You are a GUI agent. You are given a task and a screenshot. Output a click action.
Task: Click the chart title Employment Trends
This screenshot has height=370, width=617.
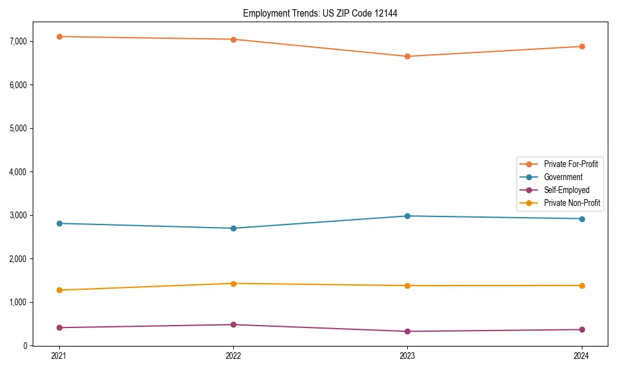click(320, 13)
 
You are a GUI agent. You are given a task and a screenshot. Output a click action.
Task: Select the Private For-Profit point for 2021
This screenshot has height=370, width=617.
click(59, 36)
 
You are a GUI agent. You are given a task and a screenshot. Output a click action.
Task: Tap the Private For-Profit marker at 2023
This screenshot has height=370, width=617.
click(407, 56)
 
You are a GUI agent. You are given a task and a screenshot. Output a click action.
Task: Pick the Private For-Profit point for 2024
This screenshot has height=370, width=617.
click(582, 46)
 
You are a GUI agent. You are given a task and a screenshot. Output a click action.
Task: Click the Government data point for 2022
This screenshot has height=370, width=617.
click(233, 228)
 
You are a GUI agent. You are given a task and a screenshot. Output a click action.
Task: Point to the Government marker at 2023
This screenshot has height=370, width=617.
click(407, 216)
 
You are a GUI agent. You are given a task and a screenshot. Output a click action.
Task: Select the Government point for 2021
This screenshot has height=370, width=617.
click(59, 223)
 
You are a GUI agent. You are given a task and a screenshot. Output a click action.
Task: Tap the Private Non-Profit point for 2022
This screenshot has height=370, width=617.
click(233, 284)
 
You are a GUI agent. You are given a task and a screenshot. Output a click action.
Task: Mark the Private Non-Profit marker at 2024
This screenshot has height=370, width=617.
click(582, 286)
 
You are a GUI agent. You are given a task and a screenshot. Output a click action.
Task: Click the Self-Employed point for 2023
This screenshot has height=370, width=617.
click(407, 331)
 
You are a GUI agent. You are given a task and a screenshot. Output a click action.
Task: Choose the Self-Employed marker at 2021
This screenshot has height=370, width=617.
click(59, 327)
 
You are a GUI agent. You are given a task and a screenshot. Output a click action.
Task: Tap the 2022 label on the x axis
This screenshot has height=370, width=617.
click(233, 356)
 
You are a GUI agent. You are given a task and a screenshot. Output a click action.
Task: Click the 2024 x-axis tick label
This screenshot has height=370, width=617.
click(582, 356)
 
